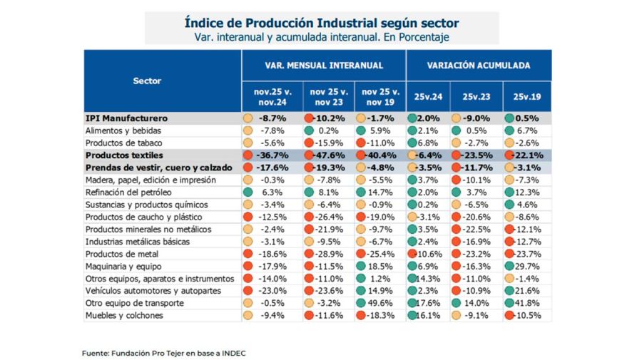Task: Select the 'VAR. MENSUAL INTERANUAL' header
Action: click(x=323, y=65)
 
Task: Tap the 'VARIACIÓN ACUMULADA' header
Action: click(x=478, y=65)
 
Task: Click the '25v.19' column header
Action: click(x=526, y=96)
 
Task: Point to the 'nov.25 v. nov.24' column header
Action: click(x=272, y=96)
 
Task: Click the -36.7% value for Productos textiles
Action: click(x=274, y=155)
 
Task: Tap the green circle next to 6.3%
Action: click(x=248, y=192)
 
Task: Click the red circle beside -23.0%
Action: click(x=248, y=291)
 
